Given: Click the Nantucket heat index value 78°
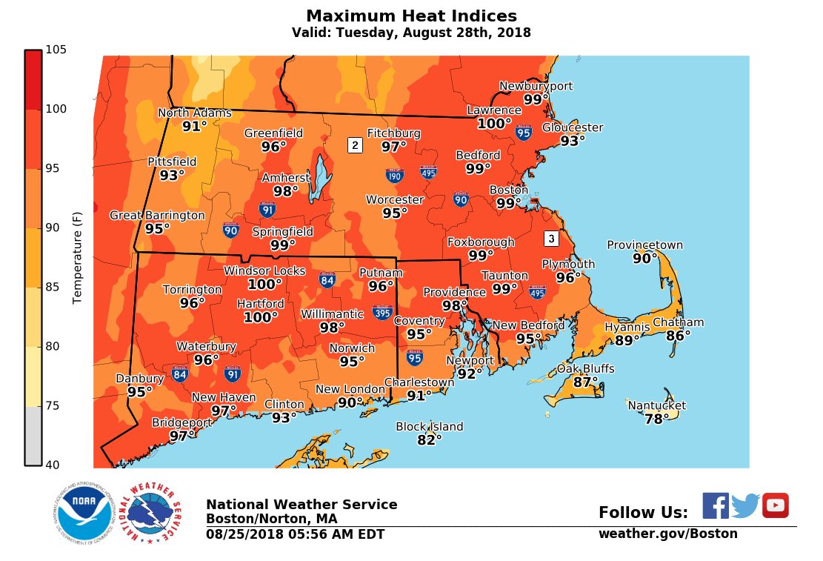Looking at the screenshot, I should pos(656,419).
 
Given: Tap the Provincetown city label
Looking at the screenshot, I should pos(644,245).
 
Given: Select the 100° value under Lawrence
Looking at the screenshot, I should pos(494,124).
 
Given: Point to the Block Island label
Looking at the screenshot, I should pos(430,427).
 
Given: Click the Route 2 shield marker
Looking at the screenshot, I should pos(355,145).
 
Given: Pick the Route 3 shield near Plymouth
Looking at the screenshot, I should pos(550,239).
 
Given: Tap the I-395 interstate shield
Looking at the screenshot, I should pos(383,311).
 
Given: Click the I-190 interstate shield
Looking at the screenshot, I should pos(394,176).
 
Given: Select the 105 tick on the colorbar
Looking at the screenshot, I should pos(57,50).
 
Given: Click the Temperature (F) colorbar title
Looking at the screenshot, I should pos(77,257).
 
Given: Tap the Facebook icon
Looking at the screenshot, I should pos(716,505).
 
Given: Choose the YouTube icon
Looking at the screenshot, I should pos(776,505).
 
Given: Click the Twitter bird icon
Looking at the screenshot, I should pos(746,505).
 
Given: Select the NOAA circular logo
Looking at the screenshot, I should pos(83,515).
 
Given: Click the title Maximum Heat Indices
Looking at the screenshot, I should pos(411,16).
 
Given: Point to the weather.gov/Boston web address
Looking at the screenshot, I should pos(667,534).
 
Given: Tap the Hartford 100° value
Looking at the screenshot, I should pos(261,318).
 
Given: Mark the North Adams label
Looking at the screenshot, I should pos(195,113).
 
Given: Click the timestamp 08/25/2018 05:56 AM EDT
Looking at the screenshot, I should pos(295,534).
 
